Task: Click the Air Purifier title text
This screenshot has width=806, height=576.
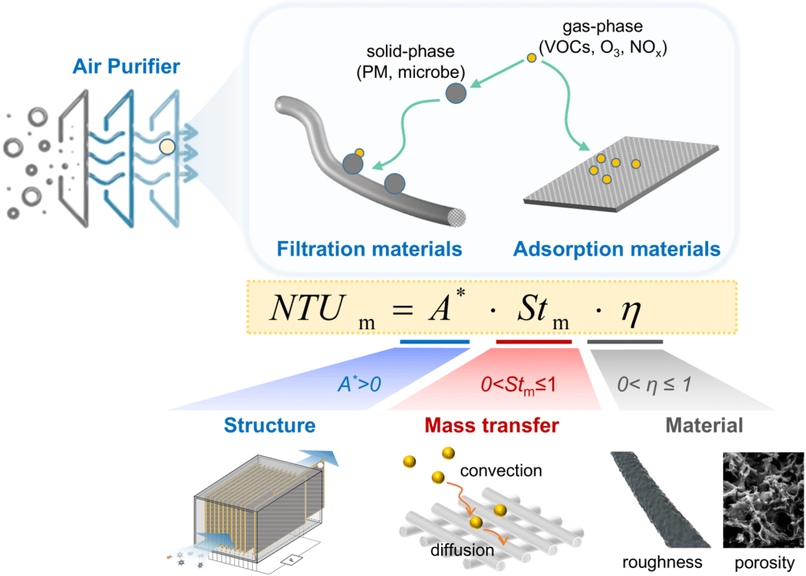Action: pyautogui.click(x=123, y=68)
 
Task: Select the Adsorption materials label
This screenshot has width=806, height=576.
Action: pyautogui.click(x=616, y=250)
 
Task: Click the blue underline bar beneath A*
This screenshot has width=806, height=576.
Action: pyautogui.click(x=434, y=342)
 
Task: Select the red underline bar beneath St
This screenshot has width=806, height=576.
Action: pyautogui.click(x=533, y=342)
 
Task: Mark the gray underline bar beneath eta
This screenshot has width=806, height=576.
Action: pyautogui.click(x=626, y=342)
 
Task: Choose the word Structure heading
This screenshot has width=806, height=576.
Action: pyautogui.click(x=270, y=426)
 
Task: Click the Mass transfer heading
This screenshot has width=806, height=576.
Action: pyautogui.click(x=492, y=426)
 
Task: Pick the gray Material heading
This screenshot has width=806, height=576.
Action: pyautogui.click(x=704, y=426)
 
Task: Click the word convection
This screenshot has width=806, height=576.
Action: pyautogui.click(x=502, y=470)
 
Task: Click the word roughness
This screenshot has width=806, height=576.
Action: pyautogui.click(x=662, y=563)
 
